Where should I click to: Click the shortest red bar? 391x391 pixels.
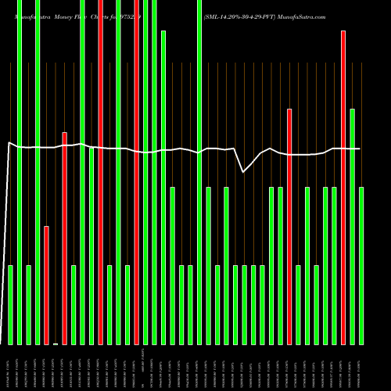tap(46, 285)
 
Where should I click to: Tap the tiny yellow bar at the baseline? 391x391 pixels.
tap(56, 343)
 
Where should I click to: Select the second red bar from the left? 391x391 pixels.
tap(65, 239)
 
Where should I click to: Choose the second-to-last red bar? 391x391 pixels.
tap(289, 227)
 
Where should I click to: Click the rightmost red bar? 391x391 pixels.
tap(343, 188)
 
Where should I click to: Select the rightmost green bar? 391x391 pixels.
tap(361, 266)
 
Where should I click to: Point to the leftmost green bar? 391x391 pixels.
tap(11, 305)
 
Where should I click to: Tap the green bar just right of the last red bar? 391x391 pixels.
tap(353, 227)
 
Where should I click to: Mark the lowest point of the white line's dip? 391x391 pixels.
tap(244, 171)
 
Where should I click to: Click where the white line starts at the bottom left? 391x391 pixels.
tap(2, 343)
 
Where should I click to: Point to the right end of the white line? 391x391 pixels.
tap(360, 149)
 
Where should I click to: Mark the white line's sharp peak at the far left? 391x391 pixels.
tap(9, 142)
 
